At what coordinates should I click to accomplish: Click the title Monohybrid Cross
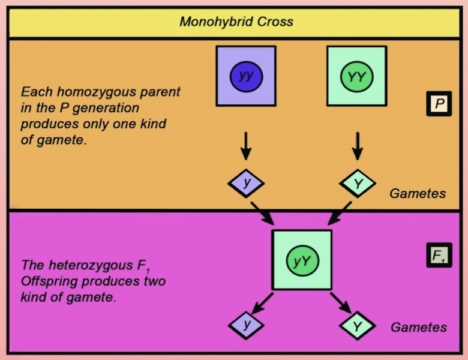[x=236, y=22]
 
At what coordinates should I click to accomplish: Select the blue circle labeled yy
[x=245, y=76]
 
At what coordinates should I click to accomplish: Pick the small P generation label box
[x=439, y=104]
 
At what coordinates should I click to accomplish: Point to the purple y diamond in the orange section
[x=245, y=183]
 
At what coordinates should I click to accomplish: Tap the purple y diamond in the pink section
[x=246, y=325]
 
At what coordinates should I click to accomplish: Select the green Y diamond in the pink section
[x=357, y=326]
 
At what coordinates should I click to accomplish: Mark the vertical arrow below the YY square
[x=357, y=146]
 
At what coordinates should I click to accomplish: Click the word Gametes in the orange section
[x=418, y=194]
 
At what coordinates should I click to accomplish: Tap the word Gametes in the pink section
[x=419, y=328]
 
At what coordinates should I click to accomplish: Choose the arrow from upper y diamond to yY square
[x=262, y=213]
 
